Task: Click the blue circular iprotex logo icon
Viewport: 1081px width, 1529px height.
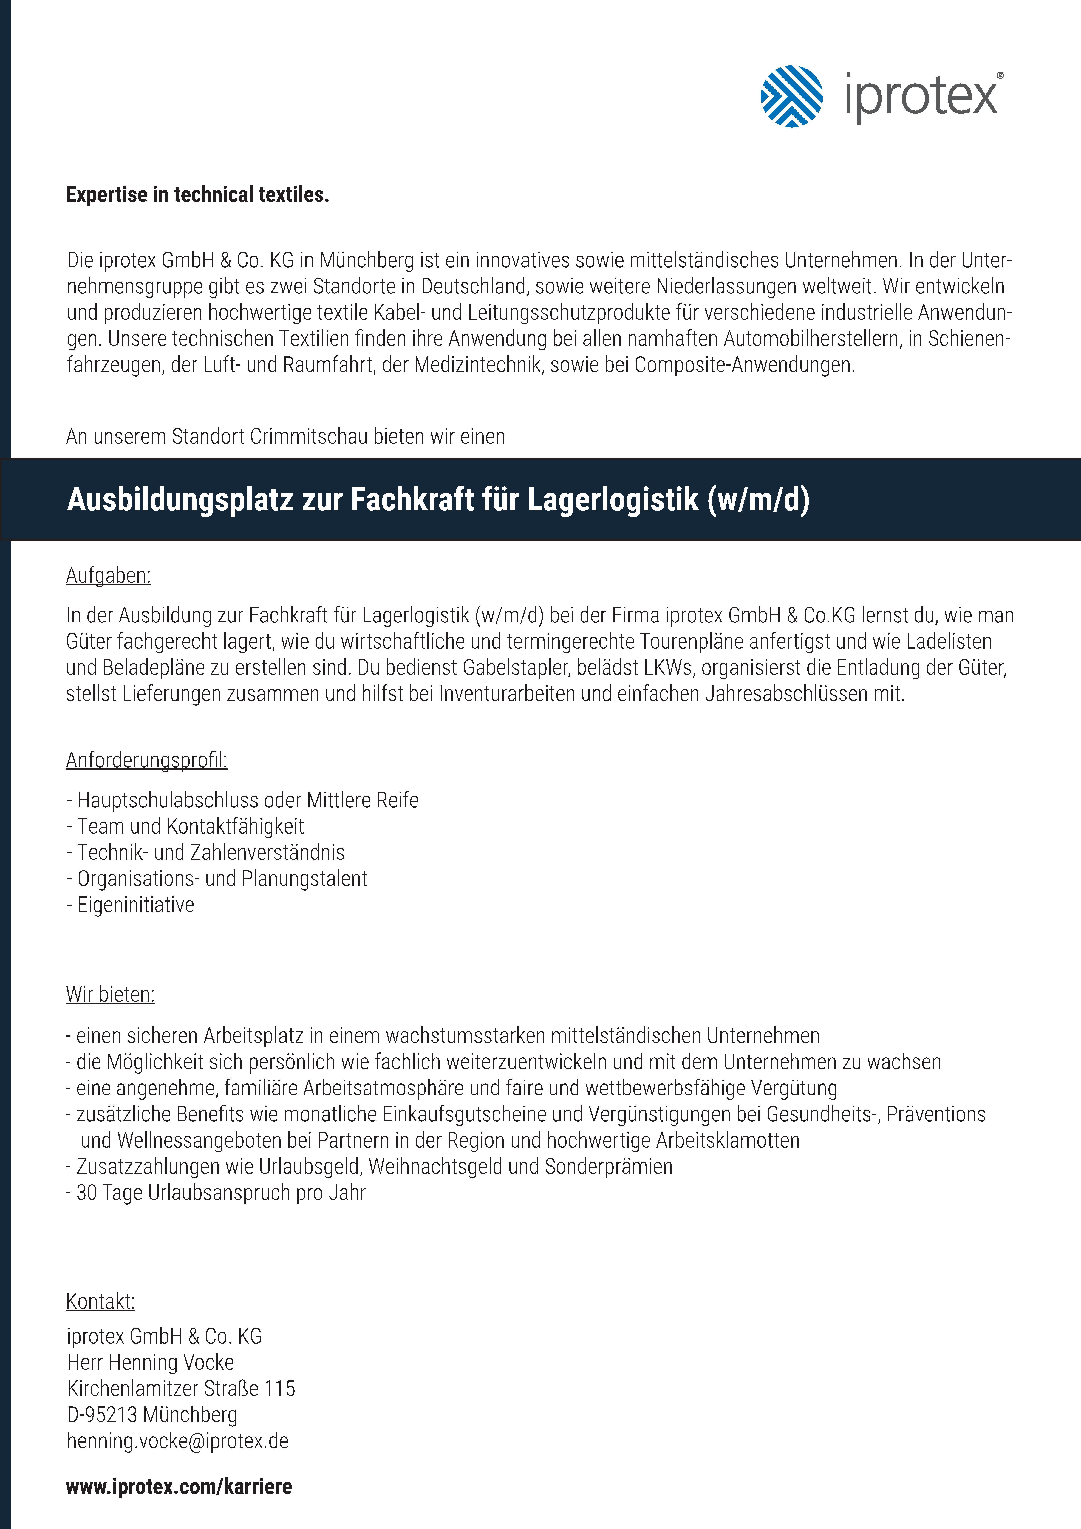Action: [791, 97]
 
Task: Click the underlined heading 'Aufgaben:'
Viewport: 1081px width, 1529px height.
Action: [108, 576]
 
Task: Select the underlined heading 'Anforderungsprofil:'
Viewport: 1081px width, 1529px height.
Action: [146, 760]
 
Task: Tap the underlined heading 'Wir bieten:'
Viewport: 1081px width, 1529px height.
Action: [110, 995]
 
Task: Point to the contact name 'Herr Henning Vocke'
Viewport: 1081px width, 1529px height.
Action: [151, 1363]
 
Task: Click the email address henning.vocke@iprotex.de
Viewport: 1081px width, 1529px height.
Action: [178, 1441]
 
